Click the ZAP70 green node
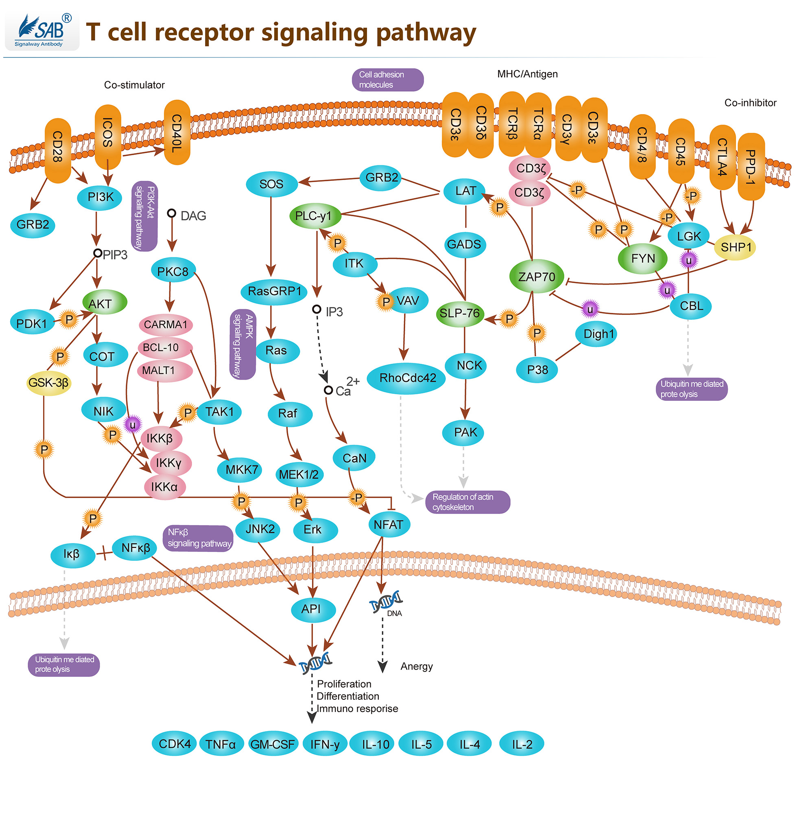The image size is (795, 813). point(537,276)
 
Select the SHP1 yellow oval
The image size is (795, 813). point(735,247)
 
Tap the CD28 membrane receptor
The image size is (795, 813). point(58,150)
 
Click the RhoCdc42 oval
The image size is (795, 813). point(407,378)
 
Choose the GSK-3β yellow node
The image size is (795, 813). point(48,382)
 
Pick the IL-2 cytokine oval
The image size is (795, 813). point(522,745)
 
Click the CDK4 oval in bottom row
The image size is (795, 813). point(174,744)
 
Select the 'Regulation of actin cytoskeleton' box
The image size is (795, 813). point(467,502)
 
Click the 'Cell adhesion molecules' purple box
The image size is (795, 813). point(387,79)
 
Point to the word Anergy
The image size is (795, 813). point(416,666)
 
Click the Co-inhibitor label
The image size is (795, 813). point(750,103)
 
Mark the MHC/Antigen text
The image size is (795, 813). point(527,74)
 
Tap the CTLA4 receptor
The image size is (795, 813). point(722,157)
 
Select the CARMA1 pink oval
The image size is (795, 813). point(165,325)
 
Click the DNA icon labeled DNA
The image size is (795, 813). point(385,602)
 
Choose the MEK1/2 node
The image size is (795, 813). point(299,475)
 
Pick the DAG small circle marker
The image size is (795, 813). point(171,213)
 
